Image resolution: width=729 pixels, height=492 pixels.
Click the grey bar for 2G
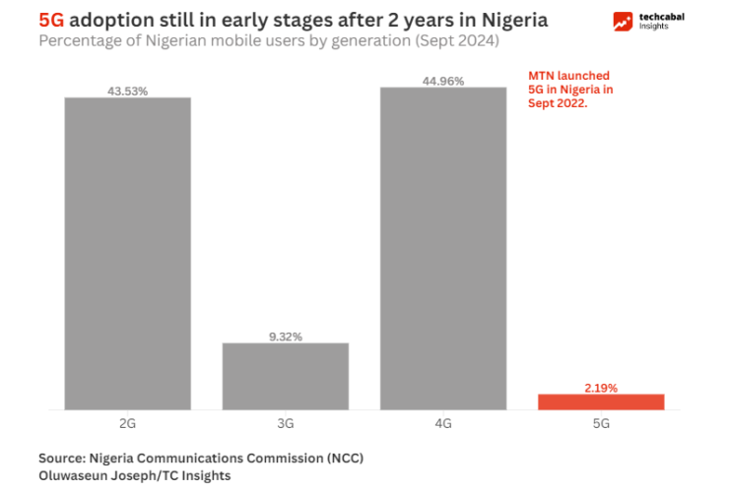click(128, 253)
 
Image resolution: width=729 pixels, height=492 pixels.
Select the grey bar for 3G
click(286, 375)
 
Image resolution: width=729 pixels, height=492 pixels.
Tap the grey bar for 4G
click(443, 248)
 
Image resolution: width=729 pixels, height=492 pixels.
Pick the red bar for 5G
click(601, 401)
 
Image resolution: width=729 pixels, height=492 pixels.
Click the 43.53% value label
click(128, 92)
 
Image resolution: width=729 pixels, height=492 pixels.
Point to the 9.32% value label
click(286, 337)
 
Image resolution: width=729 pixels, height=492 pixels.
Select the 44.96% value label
click(443, 82)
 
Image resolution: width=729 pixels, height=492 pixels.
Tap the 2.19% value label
click(601, 388)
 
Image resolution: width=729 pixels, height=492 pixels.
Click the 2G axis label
click(128, 423)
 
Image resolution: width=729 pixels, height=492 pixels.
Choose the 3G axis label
click(286, 423)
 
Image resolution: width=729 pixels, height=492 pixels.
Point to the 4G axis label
click(443, 423)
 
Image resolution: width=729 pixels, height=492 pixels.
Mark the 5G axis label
click(601, 423)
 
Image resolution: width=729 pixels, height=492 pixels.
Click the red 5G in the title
click(51, 20)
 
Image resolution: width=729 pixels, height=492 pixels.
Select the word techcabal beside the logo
click(661, 17)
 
